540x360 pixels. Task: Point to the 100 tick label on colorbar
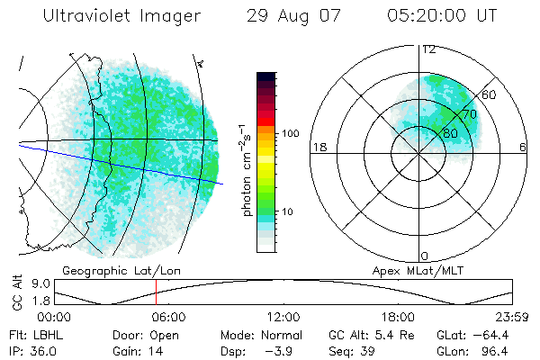click(x=289, y=132)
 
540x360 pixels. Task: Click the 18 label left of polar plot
click(x=318, y=147)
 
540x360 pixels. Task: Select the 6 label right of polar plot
click(x=523, y=147)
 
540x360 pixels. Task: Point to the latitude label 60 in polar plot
click(x=490, y=94)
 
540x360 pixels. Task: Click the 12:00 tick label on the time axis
click(x=283, y=317)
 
